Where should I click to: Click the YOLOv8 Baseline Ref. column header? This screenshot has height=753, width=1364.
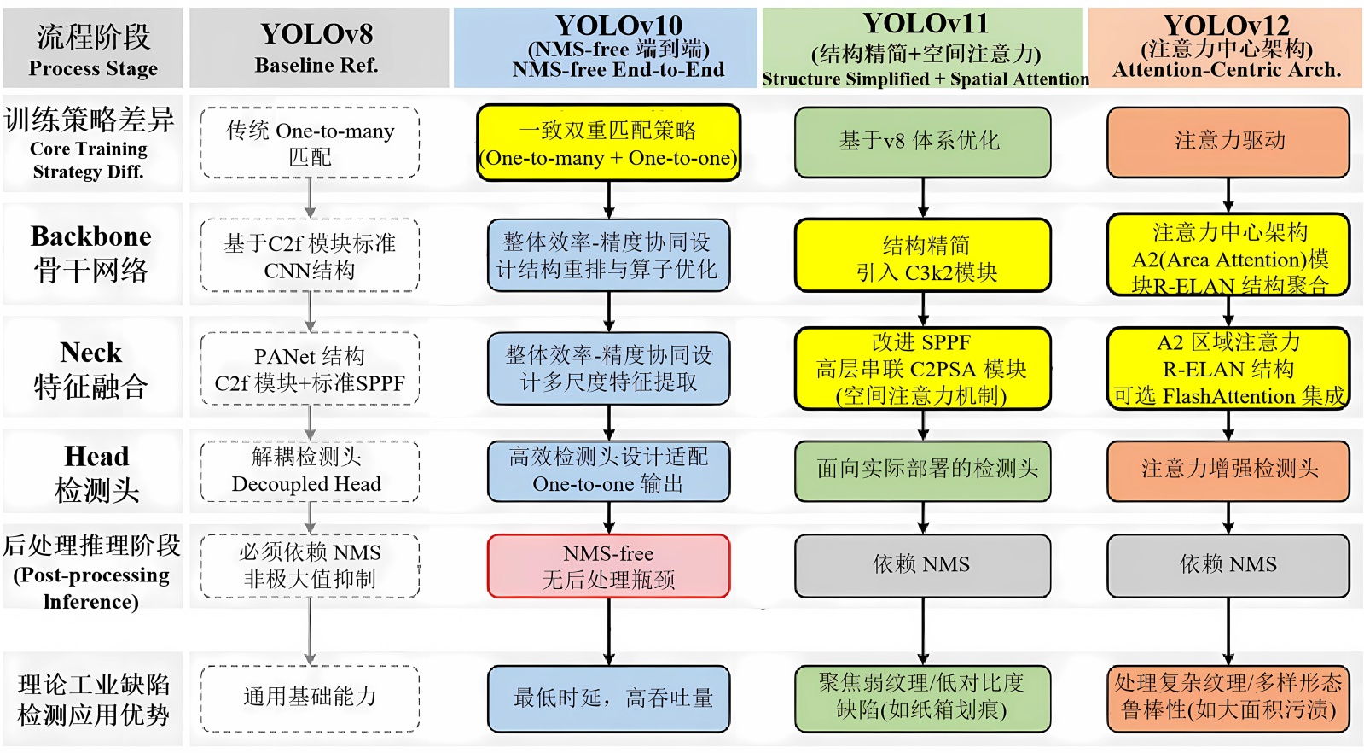pos(317,48)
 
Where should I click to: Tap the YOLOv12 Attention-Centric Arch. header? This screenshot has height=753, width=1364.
pos(1225,48)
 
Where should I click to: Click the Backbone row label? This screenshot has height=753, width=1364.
pos(91,253)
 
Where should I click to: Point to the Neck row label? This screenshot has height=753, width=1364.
pos(91,369)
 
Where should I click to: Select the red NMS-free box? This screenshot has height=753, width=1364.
pos(608,566)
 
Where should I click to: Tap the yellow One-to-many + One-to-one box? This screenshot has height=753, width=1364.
pos(608,143)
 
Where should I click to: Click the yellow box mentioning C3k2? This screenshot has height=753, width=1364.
pos(922,256)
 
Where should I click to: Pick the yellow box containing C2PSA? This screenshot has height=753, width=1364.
pos(922,369)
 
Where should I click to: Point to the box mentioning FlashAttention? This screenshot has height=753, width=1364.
pos(1228,369)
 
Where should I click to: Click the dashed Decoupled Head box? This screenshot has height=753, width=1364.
pos(309,471)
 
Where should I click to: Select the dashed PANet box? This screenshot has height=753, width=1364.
pos(309,369)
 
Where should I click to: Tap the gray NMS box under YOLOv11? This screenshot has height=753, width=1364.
pos(922,565)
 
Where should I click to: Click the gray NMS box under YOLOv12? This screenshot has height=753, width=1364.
pos(1228,565)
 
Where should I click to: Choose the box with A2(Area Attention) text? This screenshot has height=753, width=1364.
pos(1228,256)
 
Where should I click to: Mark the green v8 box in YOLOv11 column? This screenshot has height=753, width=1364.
pos(922,142)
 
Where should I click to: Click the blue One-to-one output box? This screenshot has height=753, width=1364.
pos(608,471)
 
